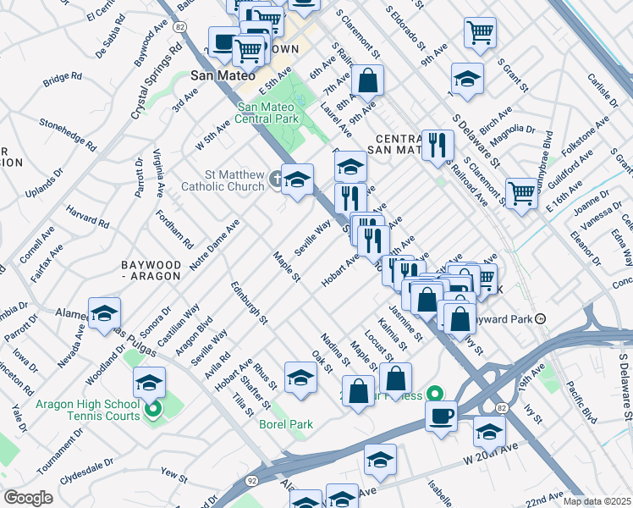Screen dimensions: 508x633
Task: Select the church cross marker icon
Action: [x=276, y=178]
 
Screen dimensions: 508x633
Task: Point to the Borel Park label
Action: [x=286, y=424]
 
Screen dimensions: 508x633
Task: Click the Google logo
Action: [x=29, y=498]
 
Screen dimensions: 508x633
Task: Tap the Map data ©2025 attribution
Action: [x=597, y=501]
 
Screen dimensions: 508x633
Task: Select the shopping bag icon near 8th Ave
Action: [x=368, y=82]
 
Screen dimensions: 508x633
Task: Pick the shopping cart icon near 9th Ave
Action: [x=480, y=34]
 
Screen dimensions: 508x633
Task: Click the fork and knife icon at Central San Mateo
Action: [x=438, y=146]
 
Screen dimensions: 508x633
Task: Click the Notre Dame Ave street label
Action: [x=214, y=245]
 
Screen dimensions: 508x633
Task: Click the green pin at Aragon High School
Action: [x=153, y=412]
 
